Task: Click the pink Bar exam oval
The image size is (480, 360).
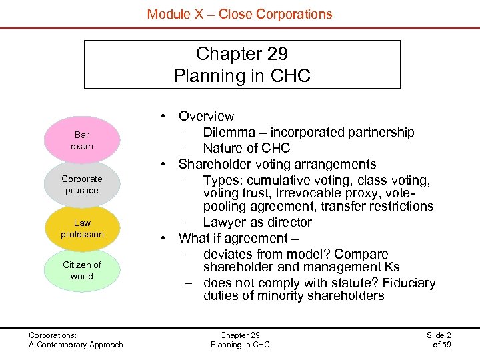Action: pos(82,141)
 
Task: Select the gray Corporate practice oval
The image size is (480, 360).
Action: pos(82,185)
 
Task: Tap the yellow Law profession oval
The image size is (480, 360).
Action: pos(82,229)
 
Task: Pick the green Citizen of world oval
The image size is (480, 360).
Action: pos(82,271)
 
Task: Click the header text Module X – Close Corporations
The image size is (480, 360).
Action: pos(239,14)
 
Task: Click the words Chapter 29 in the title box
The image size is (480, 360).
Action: pos(241,53)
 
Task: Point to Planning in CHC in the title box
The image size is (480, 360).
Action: pos(241,76)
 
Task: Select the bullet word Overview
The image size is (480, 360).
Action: pos(206,117)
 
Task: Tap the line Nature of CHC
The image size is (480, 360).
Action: pos(247,148)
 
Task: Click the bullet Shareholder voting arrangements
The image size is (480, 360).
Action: pos(277,164)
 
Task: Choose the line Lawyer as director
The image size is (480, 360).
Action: pos(257,223)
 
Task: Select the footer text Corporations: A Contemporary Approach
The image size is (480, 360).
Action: pos(75,340)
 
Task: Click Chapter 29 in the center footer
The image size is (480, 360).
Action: pos(240,335)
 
